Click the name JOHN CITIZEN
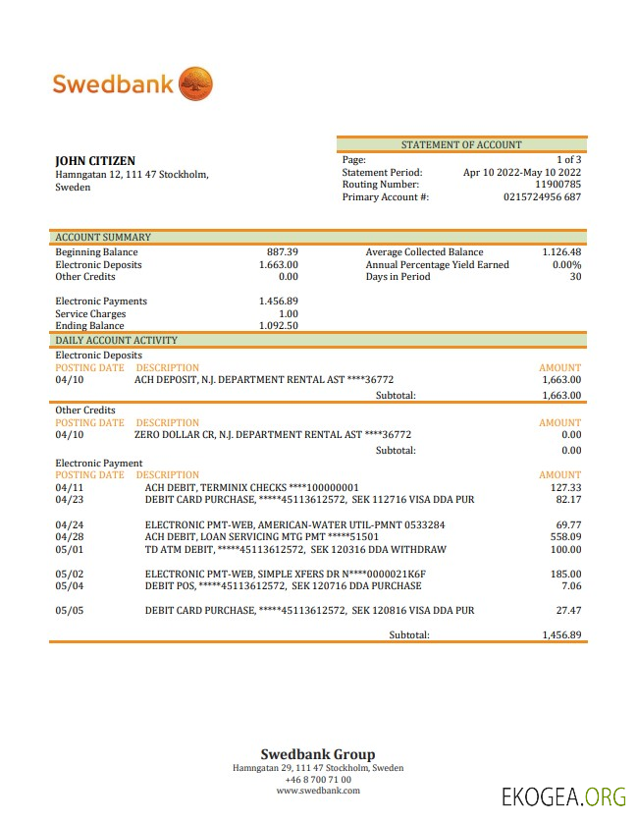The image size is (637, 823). click(x=95, y=161)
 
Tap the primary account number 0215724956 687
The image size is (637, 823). click(x=542, y=196)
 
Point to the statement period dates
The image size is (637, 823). click(x=521, y=172)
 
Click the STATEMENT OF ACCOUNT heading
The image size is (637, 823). click(x=461, y=144)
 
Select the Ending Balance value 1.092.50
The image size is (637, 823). click(x=279, y=325)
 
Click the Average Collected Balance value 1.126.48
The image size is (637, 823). click(x=561, y=252)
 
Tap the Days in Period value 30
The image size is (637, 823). click(x=575, y=276)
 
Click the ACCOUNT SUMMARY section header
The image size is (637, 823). click(x=103, y=237)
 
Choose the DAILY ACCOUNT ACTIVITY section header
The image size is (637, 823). click(x=116, y=340)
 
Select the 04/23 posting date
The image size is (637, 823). click(x=70, y=499)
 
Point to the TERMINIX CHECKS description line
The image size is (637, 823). click(x=251, y=487)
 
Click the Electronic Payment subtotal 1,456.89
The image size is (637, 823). click(x=561, y=634)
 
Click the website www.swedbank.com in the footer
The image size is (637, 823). click(x=317, y=790)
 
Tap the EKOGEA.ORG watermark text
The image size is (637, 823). click(x=562, y=796)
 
